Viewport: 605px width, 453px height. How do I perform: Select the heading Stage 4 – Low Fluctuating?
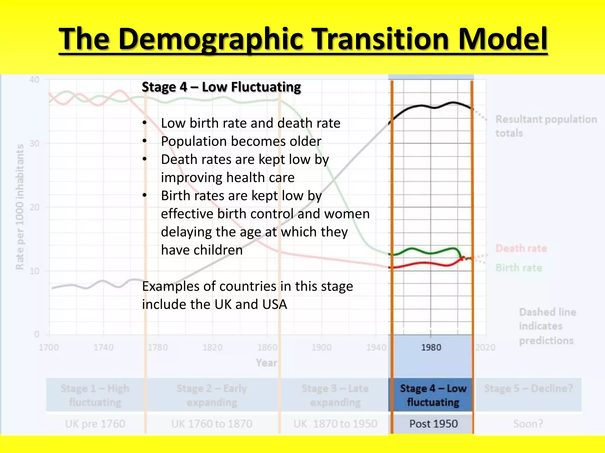[221, 87]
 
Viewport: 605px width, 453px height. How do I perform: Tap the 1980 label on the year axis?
[431, 347]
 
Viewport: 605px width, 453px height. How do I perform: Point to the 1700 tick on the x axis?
[49, 347]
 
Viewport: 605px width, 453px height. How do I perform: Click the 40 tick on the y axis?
[34, 80]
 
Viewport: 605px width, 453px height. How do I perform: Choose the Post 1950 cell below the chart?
[433, 424]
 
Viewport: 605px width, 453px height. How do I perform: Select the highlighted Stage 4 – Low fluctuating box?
[433, 395]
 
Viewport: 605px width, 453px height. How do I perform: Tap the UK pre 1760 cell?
[95, 424]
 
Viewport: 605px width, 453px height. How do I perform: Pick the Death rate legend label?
[521, 248]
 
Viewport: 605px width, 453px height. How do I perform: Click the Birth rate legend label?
[519, 268]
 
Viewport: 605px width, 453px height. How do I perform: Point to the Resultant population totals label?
[546, 126]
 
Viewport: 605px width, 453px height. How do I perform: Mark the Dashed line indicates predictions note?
[547, 326]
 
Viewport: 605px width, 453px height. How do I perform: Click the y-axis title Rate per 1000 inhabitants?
[19, 207]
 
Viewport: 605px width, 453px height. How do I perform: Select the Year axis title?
[266, 363]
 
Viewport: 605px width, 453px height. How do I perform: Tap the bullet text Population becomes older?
[241, 141]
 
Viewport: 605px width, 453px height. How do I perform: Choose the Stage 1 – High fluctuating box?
[95, 395]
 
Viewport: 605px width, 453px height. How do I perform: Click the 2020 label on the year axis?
[485, 347]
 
